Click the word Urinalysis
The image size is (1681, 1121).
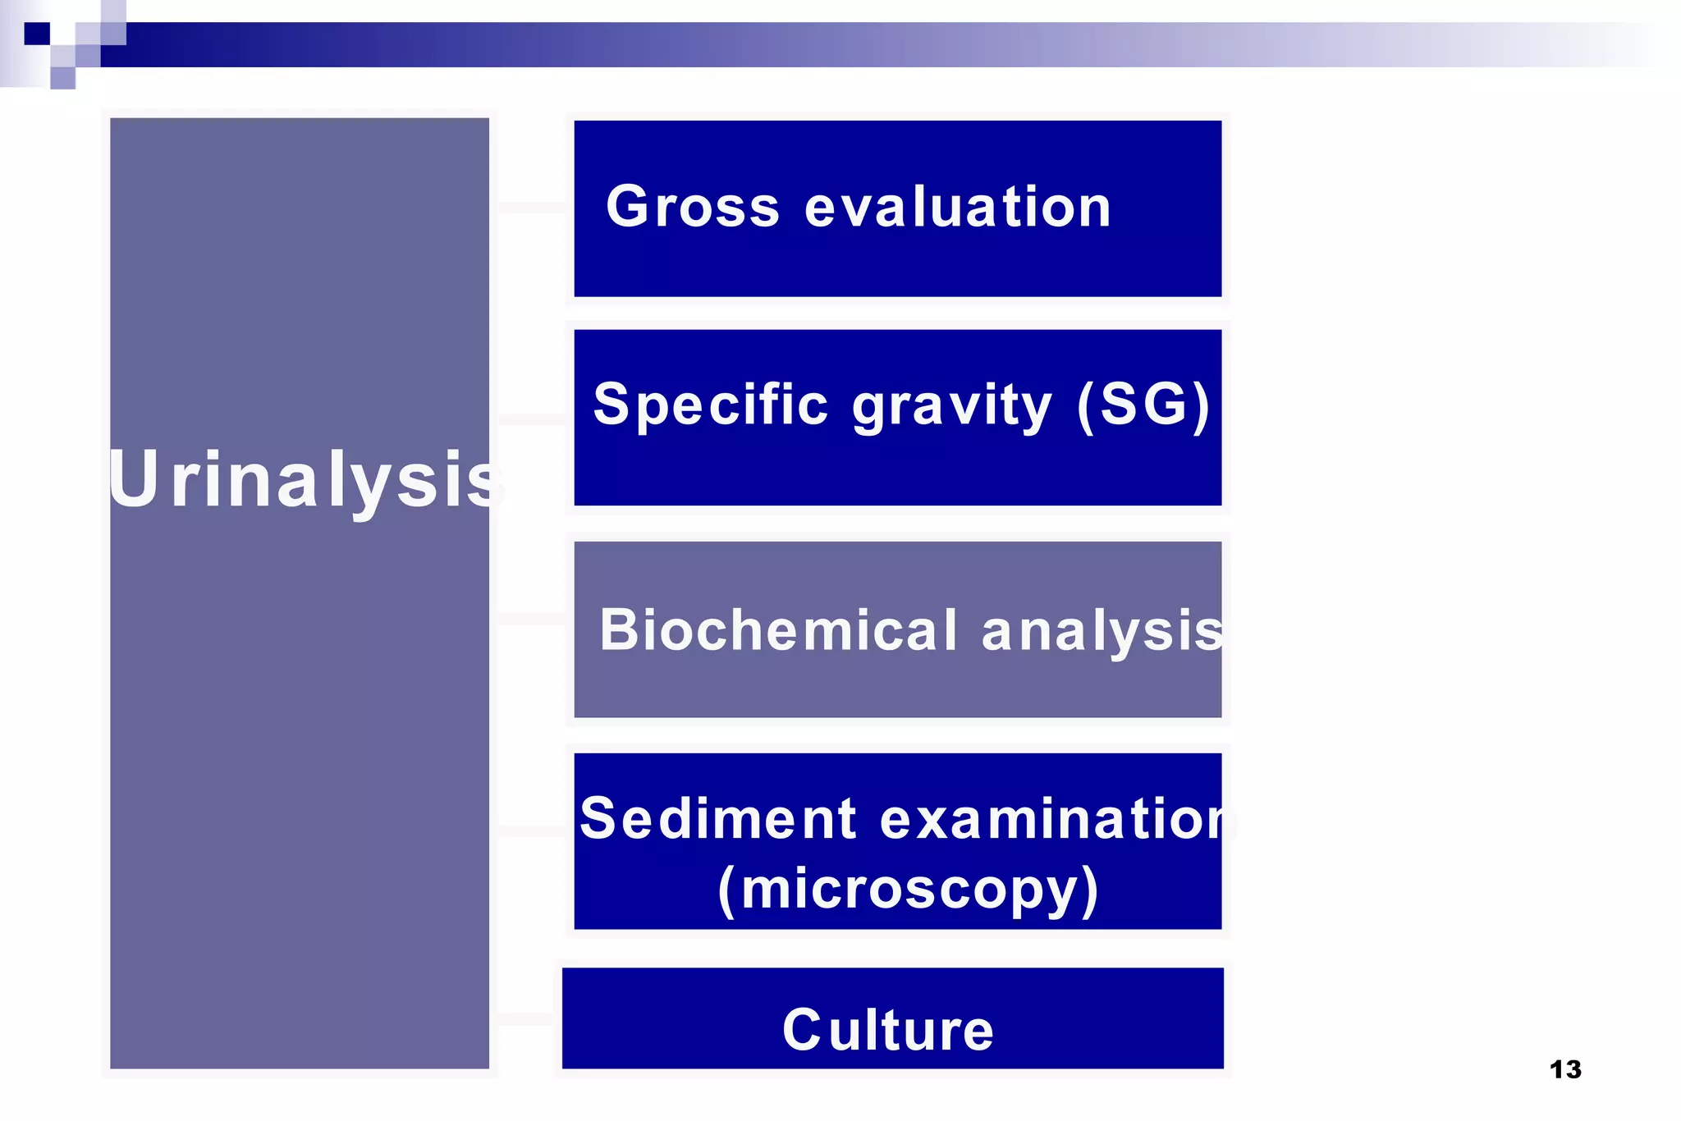click(x=305, y=479)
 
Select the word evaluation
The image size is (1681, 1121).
click(x=958, y=207)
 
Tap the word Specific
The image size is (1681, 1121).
click(x=711, y=405)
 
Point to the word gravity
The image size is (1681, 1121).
click(x=952, y=406)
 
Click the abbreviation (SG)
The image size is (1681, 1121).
click(x=1143, y=405)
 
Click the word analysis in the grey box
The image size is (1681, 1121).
click(x=1102, y=631)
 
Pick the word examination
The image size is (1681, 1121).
click(x=1056, y=820)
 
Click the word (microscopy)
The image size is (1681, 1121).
click(x=908, y=890)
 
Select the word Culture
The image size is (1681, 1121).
click(x=888, y=1030)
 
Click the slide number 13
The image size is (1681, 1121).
click(x=1564, y=1069)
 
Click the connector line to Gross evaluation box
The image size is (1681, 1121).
click(x=532, y=208)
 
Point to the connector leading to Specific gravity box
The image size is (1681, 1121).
click(x=532, y=419)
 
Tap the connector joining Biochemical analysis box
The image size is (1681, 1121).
click(x=532, y=619)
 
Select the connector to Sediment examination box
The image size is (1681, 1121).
click(x=532, y=830)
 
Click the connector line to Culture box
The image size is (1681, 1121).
click(x=526, y=1019)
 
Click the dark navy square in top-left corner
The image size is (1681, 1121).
click(x=37, y=34)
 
